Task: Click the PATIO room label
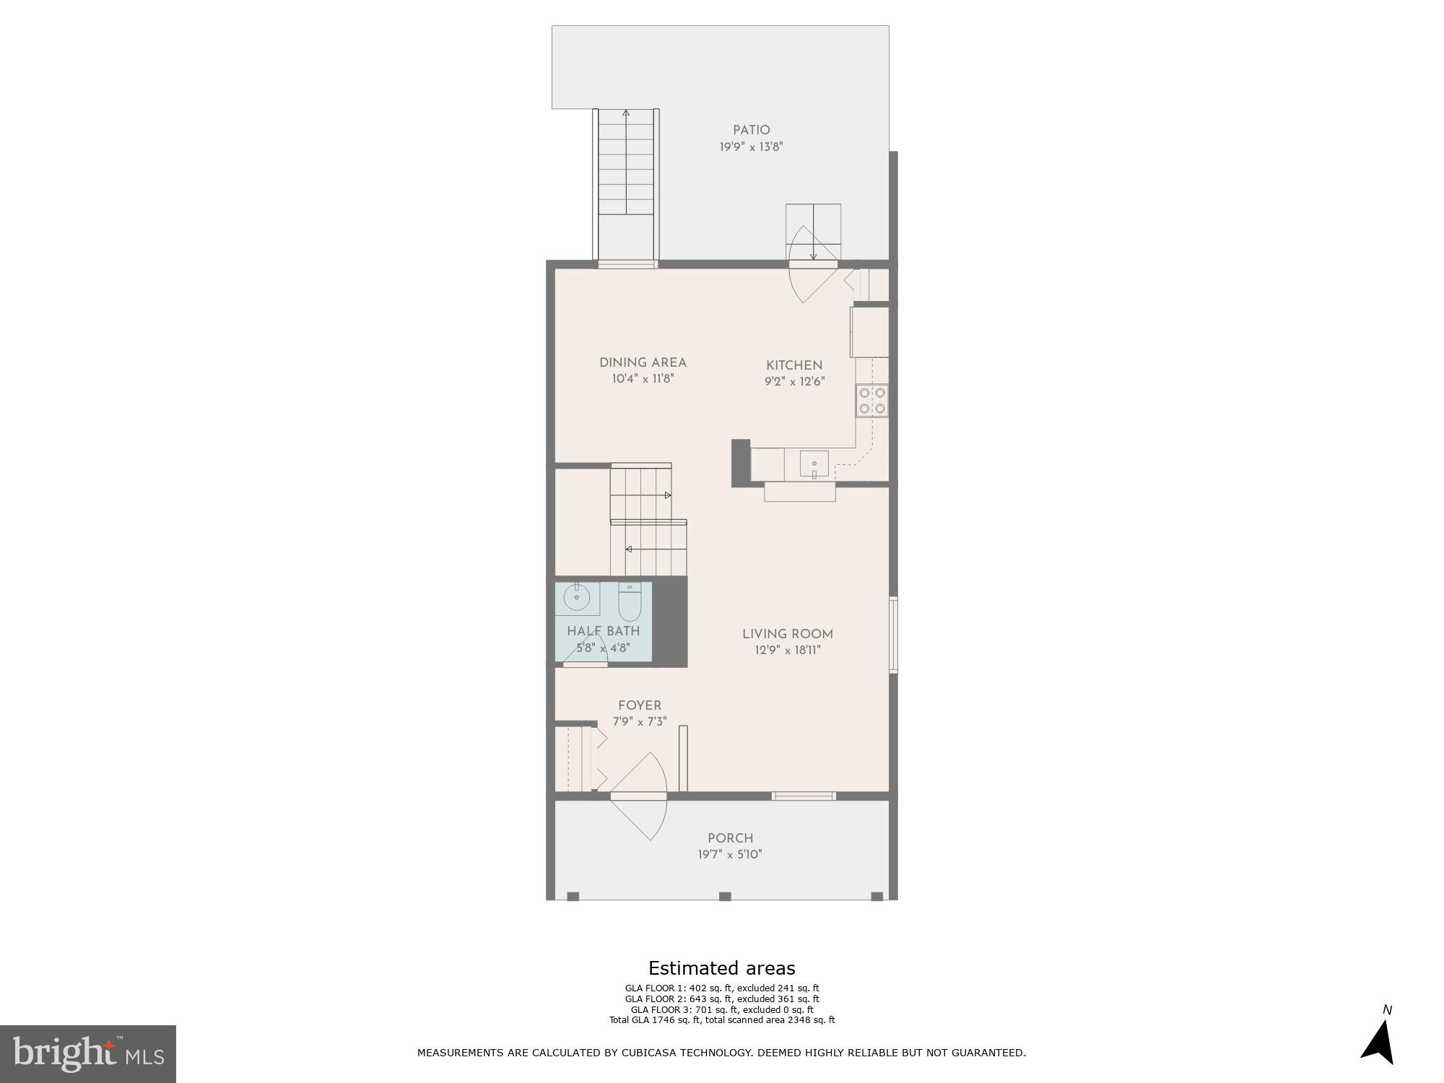751,131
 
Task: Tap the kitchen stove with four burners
871,401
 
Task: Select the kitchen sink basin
814,464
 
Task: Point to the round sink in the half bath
576,598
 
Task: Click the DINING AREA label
643,363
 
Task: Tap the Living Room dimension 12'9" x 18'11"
787,650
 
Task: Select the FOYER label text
639,705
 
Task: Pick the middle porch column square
725,896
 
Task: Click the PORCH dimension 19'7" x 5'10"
730,855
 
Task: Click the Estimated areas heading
721,968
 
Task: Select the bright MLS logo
87,1054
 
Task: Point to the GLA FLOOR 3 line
721,1009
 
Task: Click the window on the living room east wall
893,635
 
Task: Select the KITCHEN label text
793,365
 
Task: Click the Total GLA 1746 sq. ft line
721,1020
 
